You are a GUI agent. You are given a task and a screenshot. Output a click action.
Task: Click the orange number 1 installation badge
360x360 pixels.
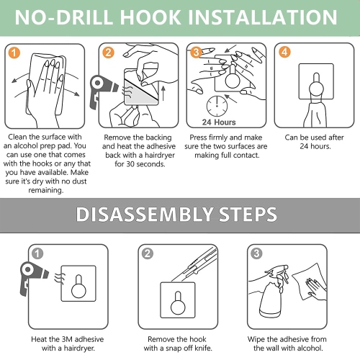[x=14, y=53]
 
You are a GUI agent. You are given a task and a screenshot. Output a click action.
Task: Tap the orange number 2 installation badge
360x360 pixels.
[x=108, y=53]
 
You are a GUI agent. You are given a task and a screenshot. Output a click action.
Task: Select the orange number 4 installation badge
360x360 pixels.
[x=284, y=52]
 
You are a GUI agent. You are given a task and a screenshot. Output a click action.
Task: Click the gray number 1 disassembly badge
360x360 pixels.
[x=37, y=253]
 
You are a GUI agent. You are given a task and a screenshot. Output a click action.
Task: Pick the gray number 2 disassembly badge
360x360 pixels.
[x=148, y=253]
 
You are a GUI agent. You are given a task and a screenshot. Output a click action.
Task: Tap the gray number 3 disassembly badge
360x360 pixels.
[x=256, y=253]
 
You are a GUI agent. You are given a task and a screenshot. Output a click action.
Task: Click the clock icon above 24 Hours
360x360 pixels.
[x=217, y=106]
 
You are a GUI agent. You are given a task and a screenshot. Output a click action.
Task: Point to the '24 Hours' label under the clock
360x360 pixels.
[x=219, y=122]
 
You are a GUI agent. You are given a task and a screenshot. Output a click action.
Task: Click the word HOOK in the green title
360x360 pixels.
[x=150, y=17]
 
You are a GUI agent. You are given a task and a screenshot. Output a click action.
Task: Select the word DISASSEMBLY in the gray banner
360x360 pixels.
[x=144, y=214]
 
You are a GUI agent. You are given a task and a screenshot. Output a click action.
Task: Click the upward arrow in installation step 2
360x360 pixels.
[x=163, y=94]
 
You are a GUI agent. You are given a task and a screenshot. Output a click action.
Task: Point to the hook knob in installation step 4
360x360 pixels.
[x=316, y=87]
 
